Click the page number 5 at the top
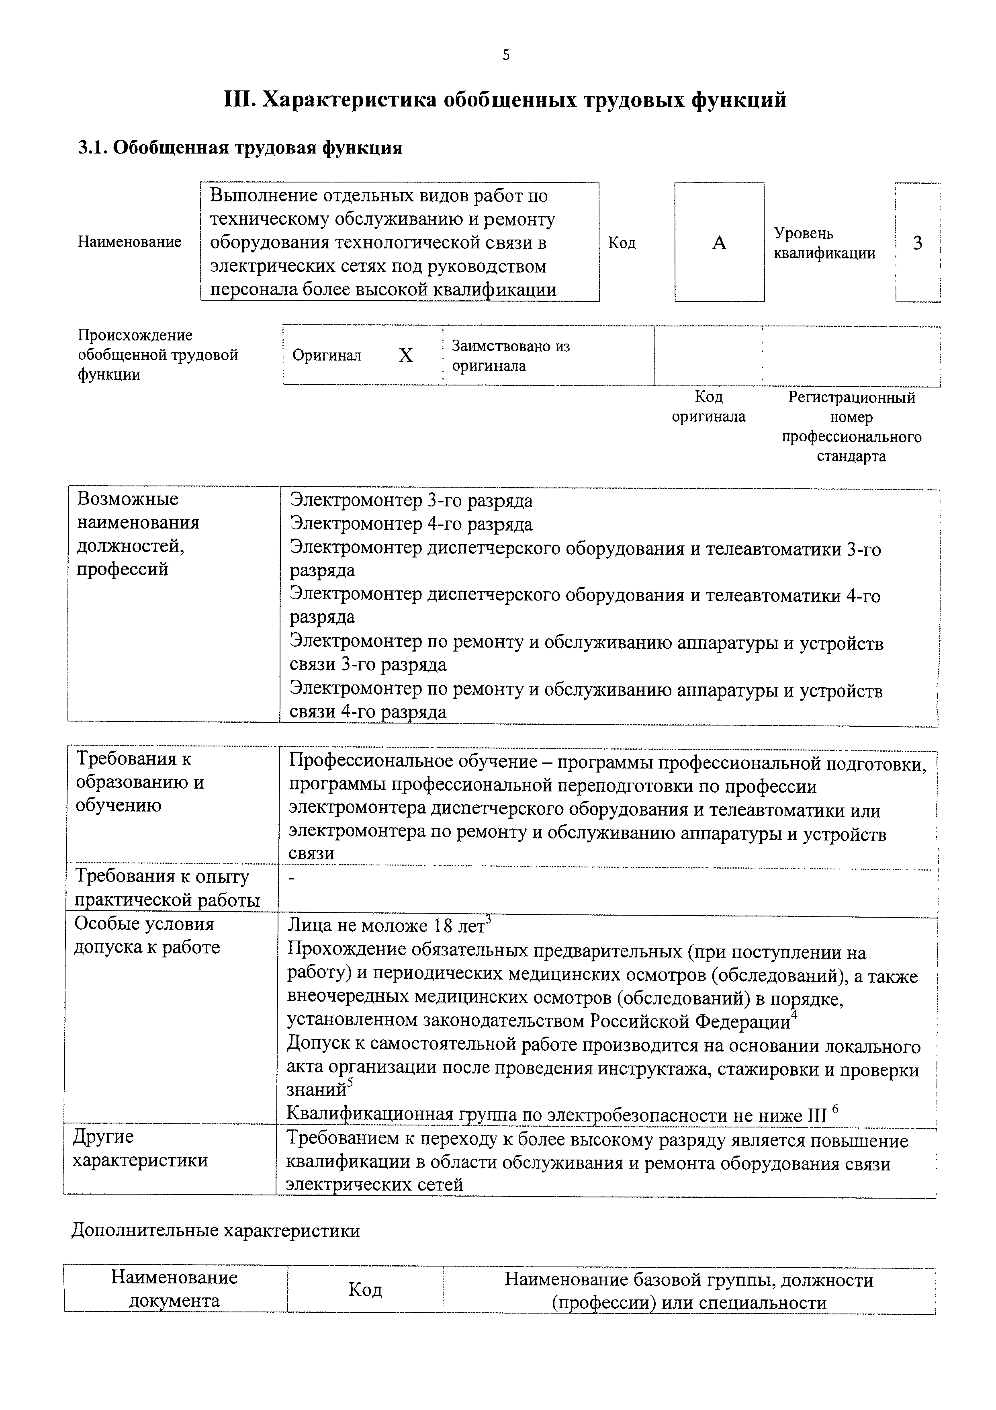pyautogui.click(x=506, y=55)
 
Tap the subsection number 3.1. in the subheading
pyautogui.click(x=93, y=148)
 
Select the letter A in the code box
pyautogui.click(x=719, y=243)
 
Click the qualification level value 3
pyautogui.click(x=917, y=243)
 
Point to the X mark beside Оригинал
pyautogui.click(x=406, y=356)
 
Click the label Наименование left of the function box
pyautogui.click(x=129, y=242)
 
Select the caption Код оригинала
pyautogui.click(x=708, y=406)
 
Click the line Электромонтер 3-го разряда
pyautogui.click(x=411, y=501)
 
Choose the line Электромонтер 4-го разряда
pyautogui.click(x=411, y=525)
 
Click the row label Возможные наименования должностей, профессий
pyautogui.click(x=138, y=534)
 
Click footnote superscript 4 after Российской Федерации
pyautogui.click(x=794, y=1014)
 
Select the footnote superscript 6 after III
pyautogui.click(x=835, y=1109)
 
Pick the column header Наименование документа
pyautogui.click(x=174, y=1289)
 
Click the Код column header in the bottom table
pyautogui.click(x=365, y=1290)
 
